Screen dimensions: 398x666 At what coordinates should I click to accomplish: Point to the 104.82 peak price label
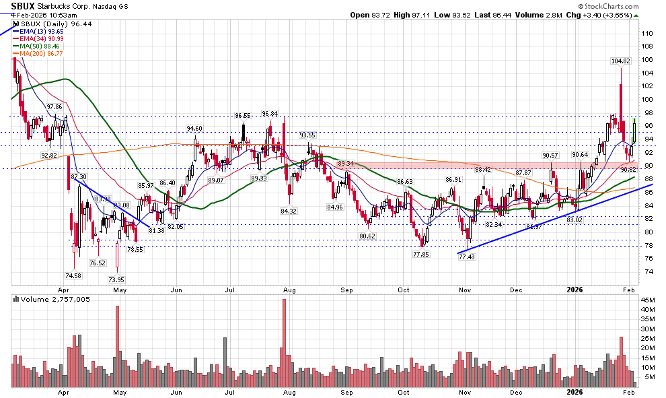pos(620,61)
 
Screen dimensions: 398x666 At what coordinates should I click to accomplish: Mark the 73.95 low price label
pos(117,279)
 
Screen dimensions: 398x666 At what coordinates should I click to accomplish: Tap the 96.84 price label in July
pos(270,114)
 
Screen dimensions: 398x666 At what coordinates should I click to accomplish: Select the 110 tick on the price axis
pos(647,33)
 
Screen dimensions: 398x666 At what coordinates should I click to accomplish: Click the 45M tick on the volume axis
pos(648,300)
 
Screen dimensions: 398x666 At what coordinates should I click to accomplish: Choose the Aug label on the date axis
pos(290,391)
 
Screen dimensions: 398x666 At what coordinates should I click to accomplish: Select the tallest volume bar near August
pos(285,343)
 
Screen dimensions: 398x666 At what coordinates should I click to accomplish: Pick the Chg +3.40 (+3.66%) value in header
pos(620,15)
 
